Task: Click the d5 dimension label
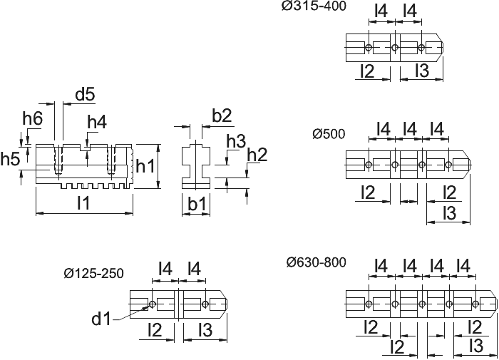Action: click(x=85, y=95)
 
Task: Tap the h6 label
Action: click(x=33, y=119)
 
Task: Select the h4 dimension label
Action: click(x=97, y=122)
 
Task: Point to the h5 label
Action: click(x=10, y=159)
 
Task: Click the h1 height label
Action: click(x=145, y=166)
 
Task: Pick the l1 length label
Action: click(x=83, y=202)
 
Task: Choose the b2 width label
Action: click(x=222, y=115)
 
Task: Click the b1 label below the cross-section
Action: click(x=197, y=204)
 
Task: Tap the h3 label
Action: click(x=236, y=141)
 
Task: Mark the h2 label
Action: click(x=257, y=155)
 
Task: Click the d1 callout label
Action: click(x=101, y=319)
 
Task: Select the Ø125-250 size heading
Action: click(x=93, y=274)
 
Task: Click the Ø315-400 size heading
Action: click(x=314, y=6)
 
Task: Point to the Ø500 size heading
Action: click(x=329, y=134)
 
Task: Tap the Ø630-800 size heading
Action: click(x=316, y=262)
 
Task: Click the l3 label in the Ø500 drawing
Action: click(x=449, y=213)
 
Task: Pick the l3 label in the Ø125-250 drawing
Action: click(x=205, y=330)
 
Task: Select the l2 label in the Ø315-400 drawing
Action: click(x=368, y=71)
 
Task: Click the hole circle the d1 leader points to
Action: click(x=152, y=304)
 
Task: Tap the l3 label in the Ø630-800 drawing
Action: click(x=476, y=346)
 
